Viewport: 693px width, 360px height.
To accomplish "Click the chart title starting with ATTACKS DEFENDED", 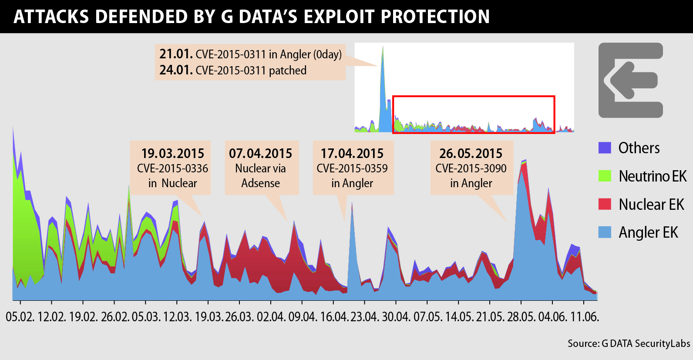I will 252,17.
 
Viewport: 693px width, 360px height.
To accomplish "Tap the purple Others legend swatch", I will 605,148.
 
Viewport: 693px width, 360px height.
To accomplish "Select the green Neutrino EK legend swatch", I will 605,176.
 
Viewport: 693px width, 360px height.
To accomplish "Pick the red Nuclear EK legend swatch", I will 605,204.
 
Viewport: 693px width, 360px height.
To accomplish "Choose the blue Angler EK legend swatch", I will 605,232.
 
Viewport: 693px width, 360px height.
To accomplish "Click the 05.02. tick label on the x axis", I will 20,317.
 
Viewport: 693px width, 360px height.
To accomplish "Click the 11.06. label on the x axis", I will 585,317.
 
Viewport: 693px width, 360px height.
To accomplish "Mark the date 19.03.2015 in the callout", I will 172,154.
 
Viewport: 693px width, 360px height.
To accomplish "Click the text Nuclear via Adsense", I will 260,175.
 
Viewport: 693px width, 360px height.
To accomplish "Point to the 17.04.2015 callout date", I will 352,154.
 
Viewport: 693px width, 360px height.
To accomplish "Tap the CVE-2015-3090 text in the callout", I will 471,168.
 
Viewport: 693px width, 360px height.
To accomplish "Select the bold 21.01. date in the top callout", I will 176,54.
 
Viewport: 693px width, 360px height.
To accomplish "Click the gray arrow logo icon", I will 630,80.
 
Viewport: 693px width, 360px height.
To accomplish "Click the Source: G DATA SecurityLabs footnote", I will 629,343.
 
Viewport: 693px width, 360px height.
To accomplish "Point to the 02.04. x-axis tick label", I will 271,317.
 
